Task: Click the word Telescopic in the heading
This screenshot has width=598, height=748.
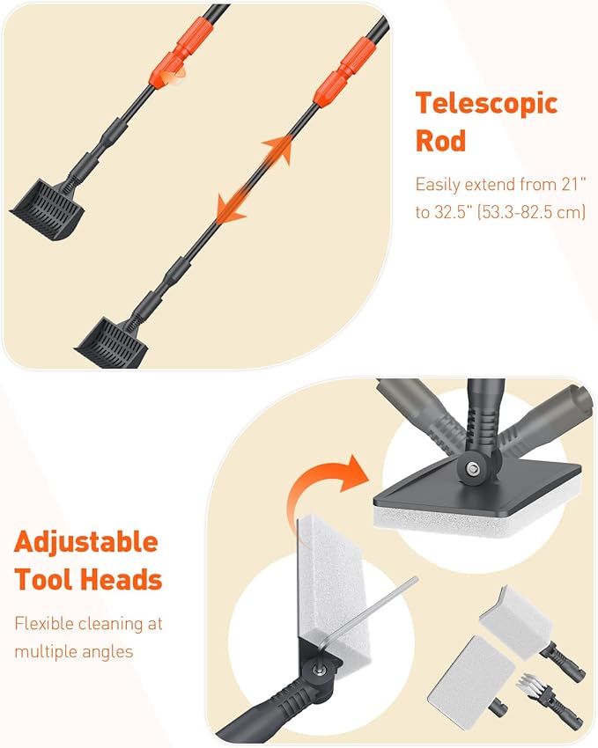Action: (x=486, y=104)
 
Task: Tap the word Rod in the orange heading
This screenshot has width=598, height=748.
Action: (x=440, y=141)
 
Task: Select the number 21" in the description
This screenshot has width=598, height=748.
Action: (x=573, y=184)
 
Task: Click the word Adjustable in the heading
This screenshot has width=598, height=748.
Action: (x=86, y=542)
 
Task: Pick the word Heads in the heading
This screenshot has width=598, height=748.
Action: (x=122, y=580)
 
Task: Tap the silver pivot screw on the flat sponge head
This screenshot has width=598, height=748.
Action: (x=473, y=469)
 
